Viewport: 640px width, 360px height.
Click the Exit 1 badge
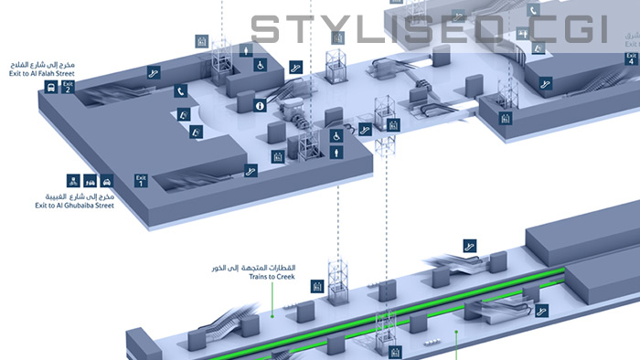tap(141, 179)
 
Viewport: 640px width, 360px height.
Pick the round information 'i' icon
tap(260, 106)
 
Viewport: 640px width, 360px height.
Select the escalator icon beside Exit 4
tap(547, 86)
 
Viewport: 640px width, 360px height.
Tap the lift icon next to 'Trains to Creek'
tap(316, 286)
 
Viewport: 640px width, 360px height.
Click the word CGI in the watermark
tap(567, 30)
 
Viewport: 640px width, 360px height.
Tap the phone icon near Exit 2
tap(182, 90)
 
